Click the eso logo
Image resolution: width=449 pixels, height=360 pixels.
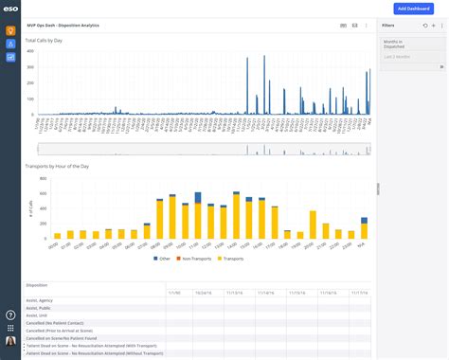(9, 8)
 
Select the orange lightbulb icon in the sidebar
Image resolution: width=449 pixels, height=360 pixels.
(10, 30)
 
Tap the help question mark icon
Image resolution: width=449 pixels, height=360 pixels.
(10, 315)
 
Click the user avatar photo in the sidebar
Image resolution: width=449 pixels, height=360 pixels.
(10, 341)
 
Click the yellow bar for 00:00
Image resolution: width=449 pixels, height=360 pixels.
(58, 235)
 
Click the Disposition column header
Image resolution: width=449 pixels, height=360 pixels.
(39, 284)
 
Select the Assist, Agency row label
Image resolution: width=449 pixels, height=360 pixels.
(42, 300)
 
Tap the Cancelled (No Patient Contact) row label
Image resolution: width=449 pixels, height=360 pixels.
(57, 323)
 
